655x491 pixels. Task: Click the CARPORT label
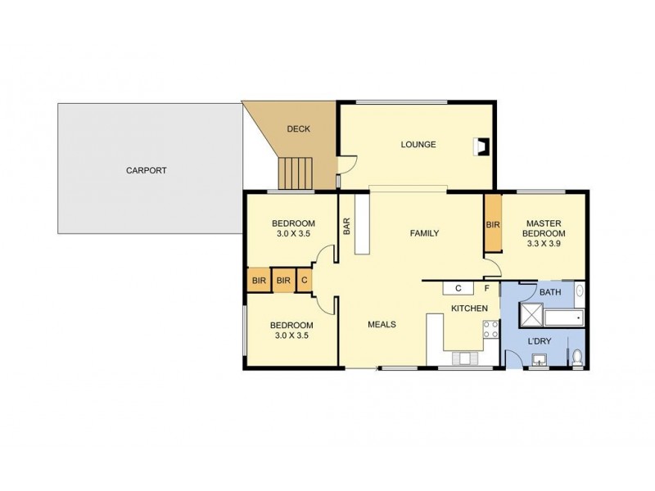pos(147,171)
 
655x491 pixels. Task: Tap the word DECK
pos(296,129)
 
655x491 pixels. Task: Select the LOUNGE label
pos(418,145)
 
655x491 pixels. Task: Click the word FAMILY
pos(424,233)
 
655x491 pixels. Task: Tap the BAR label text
pos(347,225)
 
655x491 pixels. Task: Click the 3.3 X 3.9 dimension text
pos(546,243)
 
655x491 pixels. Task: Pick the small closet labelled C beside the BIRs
pos(304,281)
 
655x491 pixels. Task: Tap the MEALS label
pos(382,324)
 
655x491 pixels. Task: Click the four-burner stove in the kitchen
pos(492,331)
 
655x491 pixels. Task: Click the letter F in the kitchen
pos(486,288)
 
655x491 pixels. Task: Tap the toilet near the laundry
pos(577,356)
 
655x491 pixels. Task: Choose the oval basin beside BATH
pos(579,290)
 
